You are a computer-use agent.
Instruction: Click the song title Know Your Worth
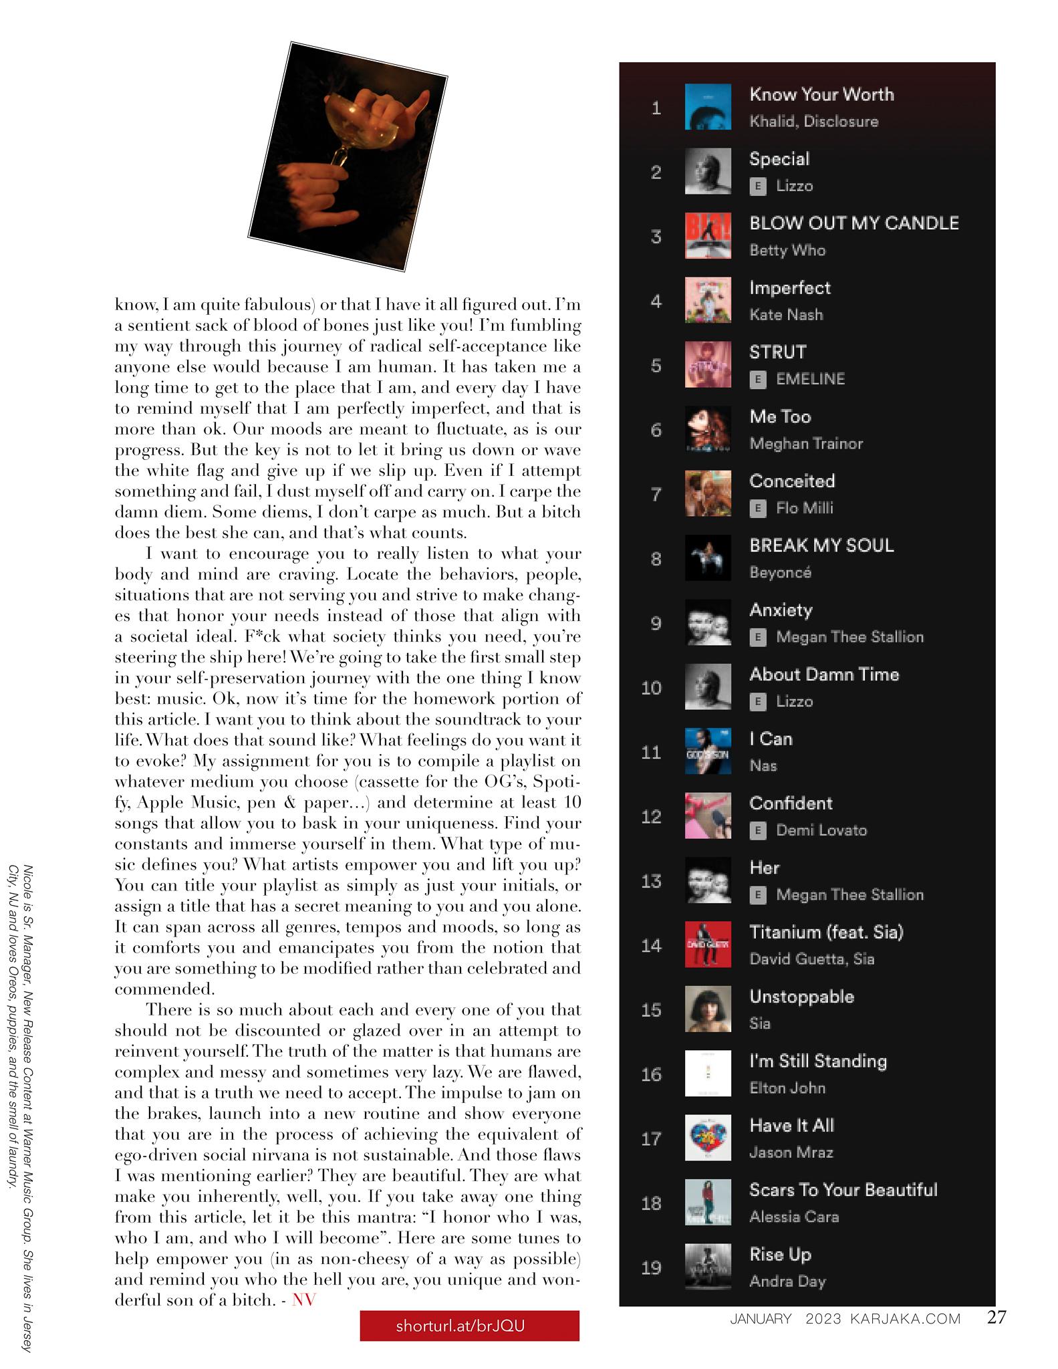coord(821,94)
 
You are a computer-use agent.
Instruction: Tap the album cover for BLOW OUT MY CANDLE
coord(708,236)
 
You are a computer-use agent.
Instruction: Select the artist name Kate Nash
coord(786,315)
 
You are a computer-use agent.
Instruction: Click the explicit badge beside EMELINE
coord(757,379)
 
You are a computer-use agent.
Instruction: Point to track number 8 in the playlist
coord(656,559)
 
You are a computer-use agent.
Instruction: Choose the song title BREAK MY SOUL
coord(821,545)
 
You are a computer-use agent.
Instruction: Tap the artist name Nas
coord(763,766)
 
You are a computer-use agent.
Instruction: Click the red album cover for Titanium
coord(708,945)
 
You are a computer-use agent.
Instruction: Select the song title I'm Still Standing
coord(818,1061)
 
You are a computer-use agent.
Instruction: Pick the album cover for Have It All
coord(708,1138)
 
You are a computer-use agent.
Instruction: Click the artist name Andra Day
coord(787,1281)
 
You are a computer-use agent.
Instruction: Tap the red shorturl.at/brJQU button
coord(469,1326)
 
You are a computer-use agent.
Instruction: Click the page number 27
coord(997,1318)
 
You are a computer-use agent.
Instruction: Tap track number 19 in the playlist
coord(651,1267)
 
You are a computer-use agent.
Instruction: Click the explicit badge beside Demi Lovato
coord(757,830)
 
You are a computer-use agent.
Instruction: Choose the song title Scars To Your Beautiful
coord(843,1190)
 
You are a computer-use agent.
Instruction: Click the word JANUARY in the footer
coord(761,1319)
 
